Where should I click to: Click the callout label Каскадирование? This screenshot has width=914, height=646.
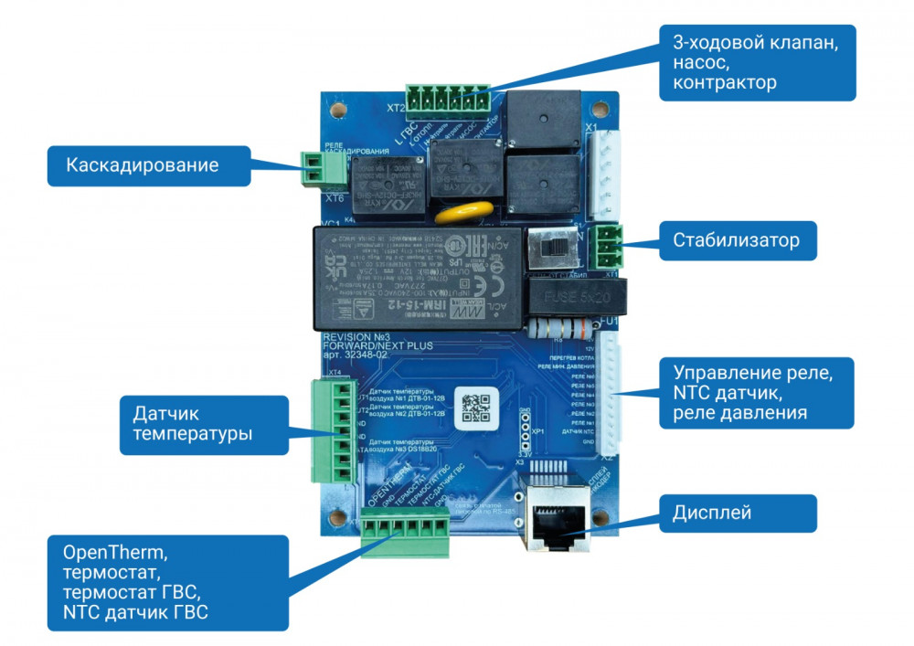pyautogui.click(x=142, y=165)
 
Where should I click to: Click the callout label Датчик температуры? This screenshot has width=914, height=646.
pyautogui.click(x=191, y=423)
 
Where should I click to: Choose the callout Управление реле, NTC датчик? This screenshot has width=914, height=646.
pyautogui.click(x=757, y=393)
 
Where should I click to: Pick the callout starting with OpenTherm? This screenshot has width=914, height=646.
pyautogui.click(x=168, y=582)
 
